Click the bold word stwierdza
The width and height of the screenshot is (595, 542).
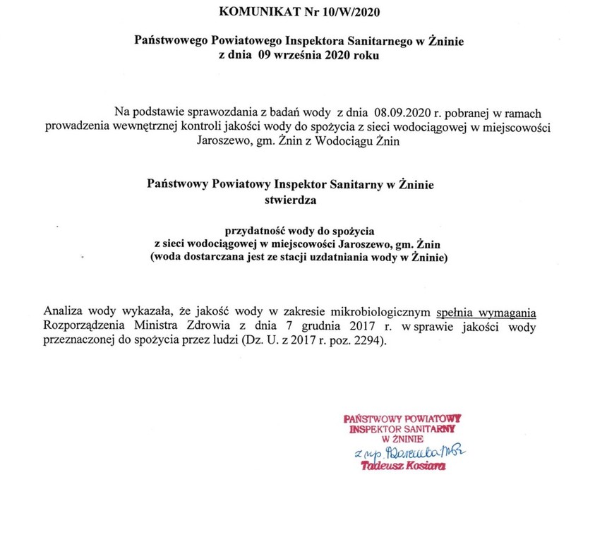click(x=291, y=200)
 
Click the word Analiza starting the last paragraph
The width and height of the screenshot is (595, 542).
click(x=66, y=311)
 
